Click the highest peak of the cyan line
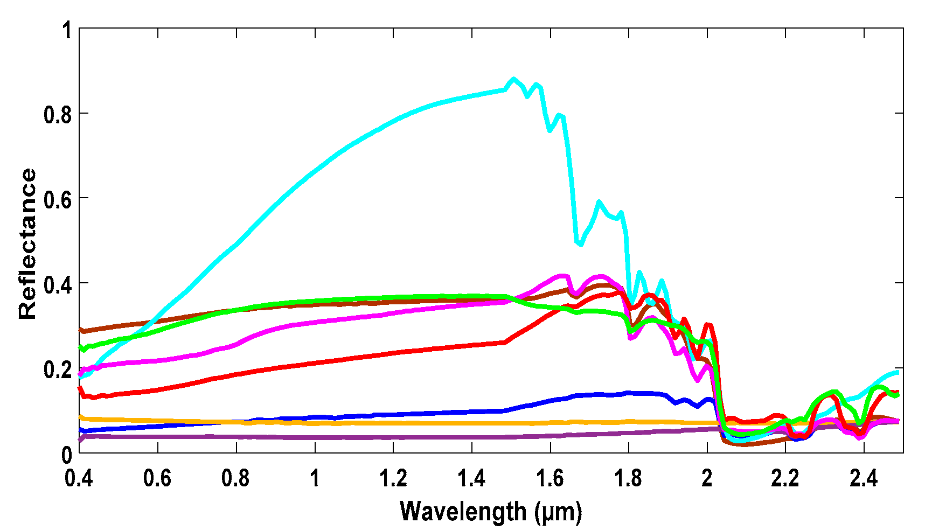513,79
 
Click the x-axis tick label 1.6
550,478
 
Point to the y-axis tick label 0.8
58,114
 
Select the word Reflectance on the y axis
28,244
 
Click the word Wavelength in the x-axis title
463,511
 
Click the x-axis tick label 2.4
864,478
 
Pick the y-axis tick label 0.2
58,369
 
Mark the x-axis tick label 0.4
79,478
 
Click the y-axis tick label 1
67,30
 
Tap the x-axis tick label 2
707,478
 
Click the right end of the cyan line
898,372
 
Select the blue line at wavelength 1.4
472,412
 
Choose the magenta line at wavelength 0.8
237,344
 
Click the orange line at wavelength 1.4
472,423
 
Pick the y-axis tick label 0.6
58,199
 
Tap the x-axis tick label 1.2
393,478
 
